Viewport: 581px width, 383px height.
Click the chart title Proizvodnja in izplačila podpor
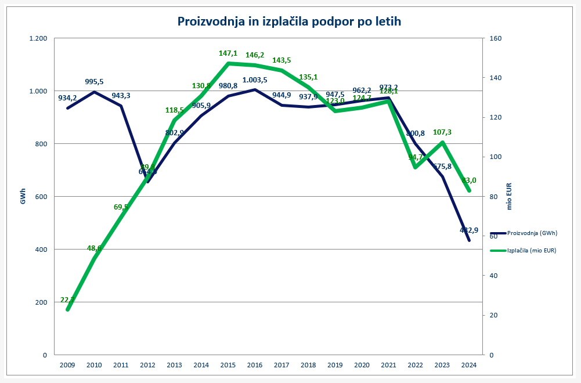[x=290, y=21]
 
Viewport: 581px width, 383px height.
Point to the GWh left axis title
[x=24, y=197]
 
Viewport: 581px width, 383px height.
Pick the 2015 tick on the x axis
[x=228, y=365]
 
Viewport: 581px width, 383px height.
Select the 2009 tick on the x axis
[x=67, y=365]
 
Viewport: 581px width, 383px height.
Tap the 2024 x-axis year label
[x=469, y=365]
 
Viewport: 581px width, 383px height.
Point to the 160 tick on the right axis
[x=496, y=38]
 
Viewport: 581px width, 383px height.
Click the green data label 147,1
[x=228, y=53]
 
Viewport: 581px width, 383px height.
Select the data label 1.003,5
[x=255, y=80]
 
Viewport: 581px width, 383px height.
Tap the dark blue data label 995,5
[x=94, y=82]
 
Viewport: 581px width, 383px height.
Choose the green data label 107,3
[x=442, y=132]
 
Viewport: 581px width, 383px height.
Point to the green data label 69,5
[x=121, y=207]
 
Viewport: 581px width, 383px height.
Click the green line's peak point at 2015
[x=228, y=63]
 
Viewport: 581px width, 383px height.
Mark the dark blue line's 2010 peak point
[x=94, y=92]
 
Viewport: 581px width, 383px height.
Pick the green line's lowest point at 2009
[x=67, y=310]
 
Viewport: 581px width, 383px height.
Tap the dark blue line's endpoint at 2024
[x=469, y=240]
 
